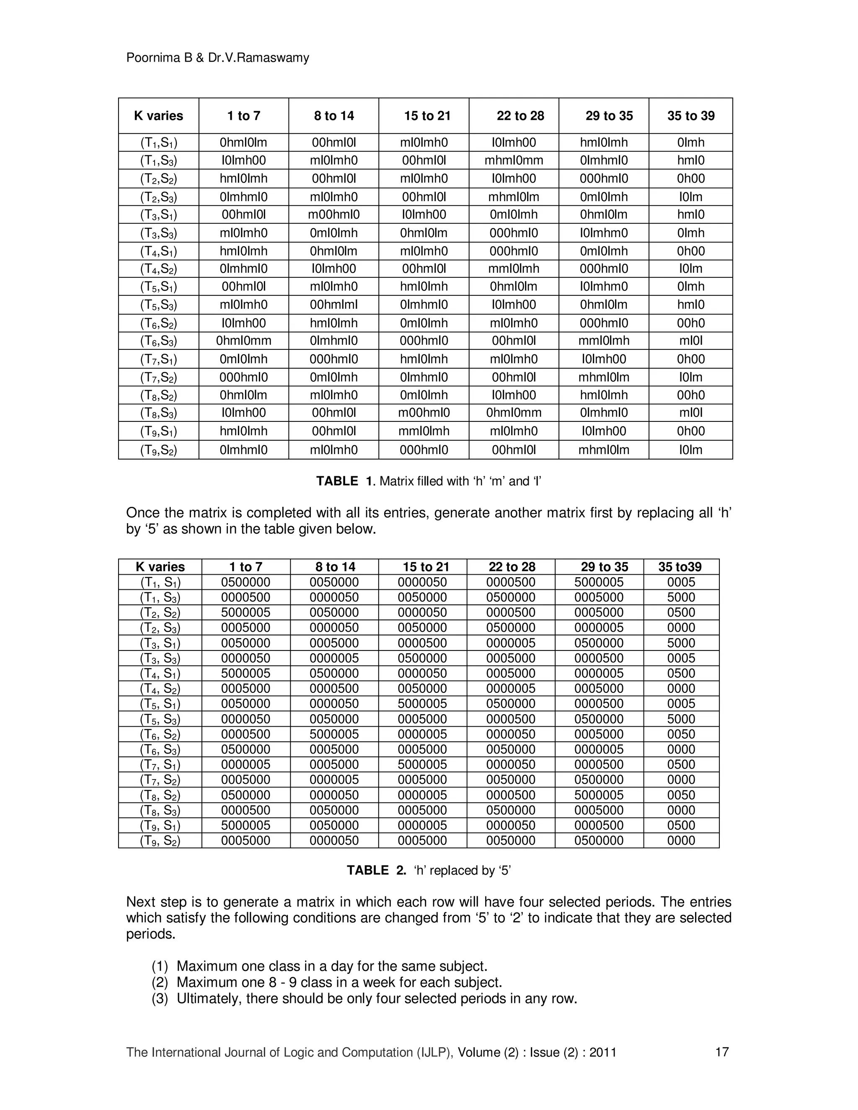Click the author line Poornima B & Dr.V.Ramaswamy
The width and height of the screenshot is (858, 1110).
217,58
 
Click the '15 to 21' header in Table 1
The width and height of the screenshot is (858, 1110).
427,116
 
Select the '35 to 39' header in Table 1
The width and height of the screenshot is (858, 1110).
690,116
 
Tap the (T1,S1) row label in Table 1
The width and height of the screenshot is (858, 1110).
159,143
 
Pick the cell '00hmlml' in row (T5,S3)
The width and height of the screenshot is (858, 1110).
333,305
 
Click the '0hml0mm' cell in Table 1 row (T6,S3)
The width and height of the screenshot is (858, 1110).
243,341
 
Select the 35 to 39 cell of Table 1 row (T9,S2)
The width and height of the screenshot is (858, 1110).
690,450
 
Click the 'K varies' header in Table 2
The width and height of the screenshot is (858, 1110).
160,567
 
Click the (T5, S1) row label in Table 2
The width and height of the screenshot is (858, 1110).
160,704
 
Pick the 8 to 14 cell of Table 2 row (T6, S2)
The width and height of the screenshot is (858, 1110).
334,734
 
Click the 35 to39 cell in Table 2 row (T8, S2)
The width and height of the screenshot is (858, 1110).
681,795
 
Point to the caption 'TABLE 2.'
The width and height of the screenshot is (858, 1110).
376,871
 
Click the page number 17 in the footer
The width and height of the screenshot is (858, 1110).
722,1052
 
